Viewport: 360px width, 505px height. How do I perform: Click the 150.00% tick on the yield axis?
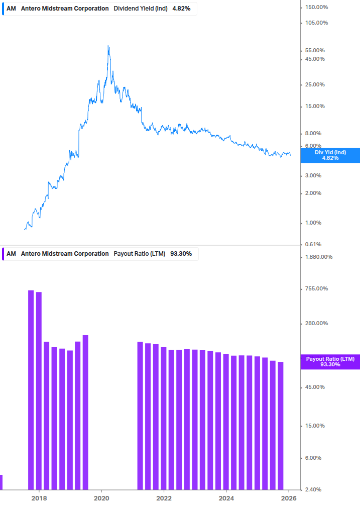(x=316, y=7)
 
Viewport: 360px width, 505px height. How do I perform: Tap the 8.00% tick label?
(x=314, y=133)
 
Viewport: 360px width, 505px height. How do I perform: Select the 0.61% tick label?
(x=314, y=244)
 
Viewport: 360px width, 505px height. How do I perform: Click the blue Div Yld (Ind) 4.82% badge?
(x=330, y=155)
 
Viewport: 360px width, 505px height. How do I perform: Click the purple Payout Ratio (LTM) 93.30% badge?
(x=330, y=361)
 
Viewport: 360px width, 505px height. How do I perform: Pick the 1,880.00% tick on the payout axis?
(x=319, y=257)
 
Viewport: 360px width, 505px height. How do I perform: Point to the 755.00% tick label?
(x=316, y=288)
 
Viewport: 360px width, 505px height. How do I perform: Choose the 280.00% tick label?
(x=316, y=323)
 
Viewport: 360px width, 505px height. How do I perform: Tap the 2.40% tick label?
(x=314, y=489)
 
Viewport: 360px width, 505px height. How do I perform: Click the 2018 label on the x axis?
(x=39, y=498)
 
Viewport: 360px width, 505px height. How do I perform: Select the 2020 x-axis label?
(x=101, y=498)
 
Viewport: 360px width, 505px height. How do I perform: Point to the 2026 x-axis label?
(x=289, y=498)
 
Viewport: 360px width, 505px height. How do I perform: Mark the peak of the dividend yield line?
(x=108, y=46)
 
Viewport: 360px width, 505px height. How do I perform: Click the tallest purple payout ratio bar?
(x=31, y=389)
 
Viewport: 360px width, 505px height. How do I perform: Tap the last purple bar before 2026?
(x=281, y=425)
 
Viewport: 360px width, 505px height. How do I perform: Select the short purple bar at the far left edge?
(x=1, y=482)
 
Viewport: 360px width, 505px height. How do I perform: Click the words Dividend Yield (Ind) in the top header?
(x=141, y=9)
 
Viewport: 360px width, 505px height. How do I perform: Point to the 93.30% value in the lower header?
(x=181, y=254)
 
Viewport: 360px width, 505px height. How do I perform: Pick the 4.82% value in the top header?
(x=181, y=9)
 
